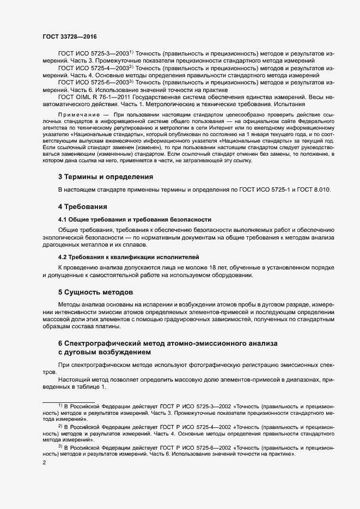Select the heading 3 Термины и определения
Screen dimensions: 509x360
click(x=106, y=177)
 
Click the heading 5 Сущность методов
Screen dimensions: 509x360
click(x=95, y=291)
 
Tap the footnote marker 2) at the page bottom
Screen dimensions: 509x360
click(x=60, y=426)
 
